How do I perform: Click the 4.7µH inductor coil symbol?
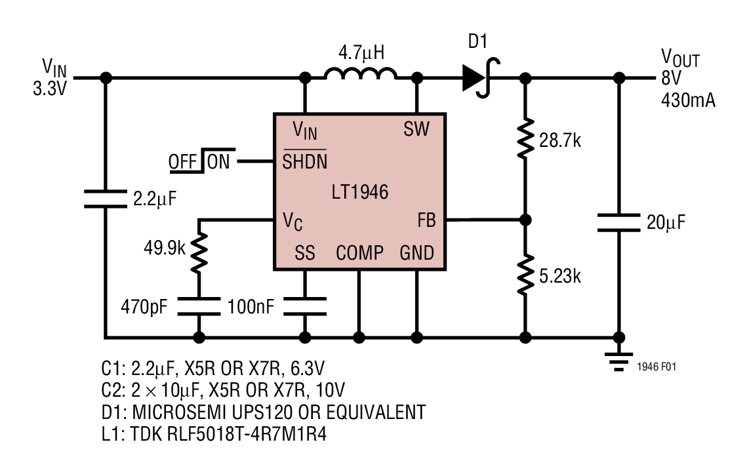point(360,75)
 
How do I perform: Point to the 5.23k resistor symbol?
point(525,276)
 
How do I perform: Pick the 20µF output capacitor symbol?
point(618,222)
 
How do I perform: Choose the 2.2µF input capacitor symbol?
point(105,198)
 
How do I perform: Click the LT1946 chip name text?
point(359,192)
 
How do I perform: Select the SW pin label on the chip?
point(416,129)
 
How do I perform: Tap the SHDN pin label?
point(304,161)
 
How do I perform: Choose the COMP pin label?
point(359,253)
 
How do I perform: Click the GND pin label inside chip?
point(416,253)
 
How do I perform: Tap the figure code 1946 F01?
point(656,367)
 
